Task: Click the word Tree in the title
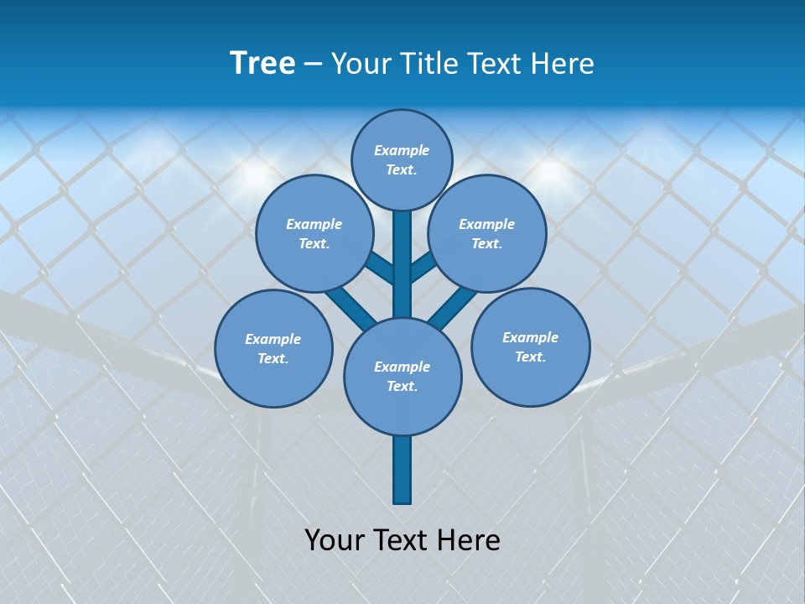tap(262, 64)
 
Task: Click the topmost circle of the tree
tap(402, 159)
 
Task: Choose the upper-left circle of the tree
tap(314, 233)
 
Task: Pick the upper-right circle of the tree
tap(487, 233)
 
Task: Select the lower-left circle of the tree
tap(273, 348)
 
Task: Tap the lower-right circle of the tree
tap(531, 346)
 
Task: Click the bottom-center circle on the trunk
tap(402, 376)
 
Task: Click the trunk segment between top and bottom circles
tap(402, 264)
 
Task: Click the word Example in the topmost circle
tap(402, 150)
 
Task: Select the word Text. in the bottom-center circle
tap(402, 387)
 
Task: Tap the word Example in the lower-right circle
tap(530, 337)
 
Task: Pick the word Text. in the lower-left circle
tap(273, 359)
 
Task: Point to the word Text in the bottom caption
tap(402, 540)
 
